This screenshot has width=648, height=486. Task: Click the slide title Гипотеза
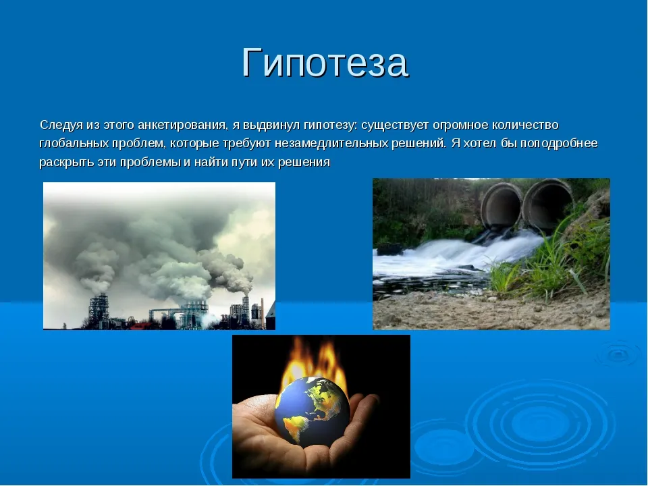(x=325, y=62)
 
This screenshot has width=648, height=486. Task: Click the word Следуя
(x=61, y=126)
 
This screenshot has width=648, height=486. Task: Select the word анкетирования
(x=182, y=126)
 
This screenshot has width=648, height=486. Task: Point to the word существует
(x=394, y=126)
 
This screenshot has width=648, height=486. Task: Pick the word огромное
(x=462, y=126)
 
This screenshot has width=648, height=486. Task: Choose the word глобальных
(x=74, y=143)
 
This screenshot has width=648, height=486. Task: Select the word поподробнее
(x=559, y=143)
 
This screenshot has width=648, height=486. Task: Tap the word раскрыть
(x=67, y=162)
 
